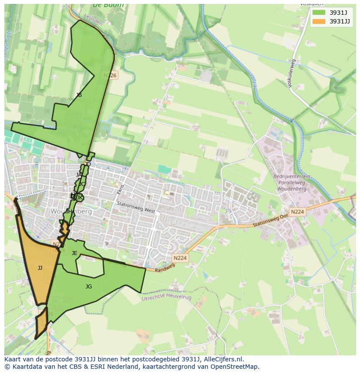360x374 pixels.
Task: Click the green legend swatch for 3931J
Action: coord(319,13)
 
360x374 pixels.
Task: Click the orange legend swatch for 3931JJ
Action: coord(319,21)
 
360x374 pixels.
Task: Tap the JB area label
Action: coord(79,95)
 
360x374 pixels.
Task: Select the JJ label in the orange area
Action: coord(40,268)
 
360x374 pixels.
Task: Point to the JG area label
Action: coord(89,287)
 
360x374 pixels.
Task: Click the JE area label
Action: coord(74,253)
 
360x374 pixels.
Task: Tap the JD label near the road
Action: coord(88,164)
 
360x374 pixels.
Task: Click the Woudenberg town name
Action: coord(71,212)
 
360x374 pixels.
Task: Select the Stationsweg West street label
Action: coord(136,207)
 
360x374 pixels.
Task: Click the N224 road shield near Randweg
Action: coord(180,258)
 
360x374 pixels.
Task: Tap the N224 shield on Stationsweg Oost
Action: coord(297,212)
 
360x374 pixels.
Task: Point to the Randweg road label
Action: coord(165,268)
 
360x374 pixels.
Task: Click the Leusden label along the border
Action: coord(93,20)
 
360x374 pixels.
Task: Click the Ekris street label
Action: coord(120,190)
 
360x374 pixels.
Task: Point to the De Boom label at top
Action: coord(108,5)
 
